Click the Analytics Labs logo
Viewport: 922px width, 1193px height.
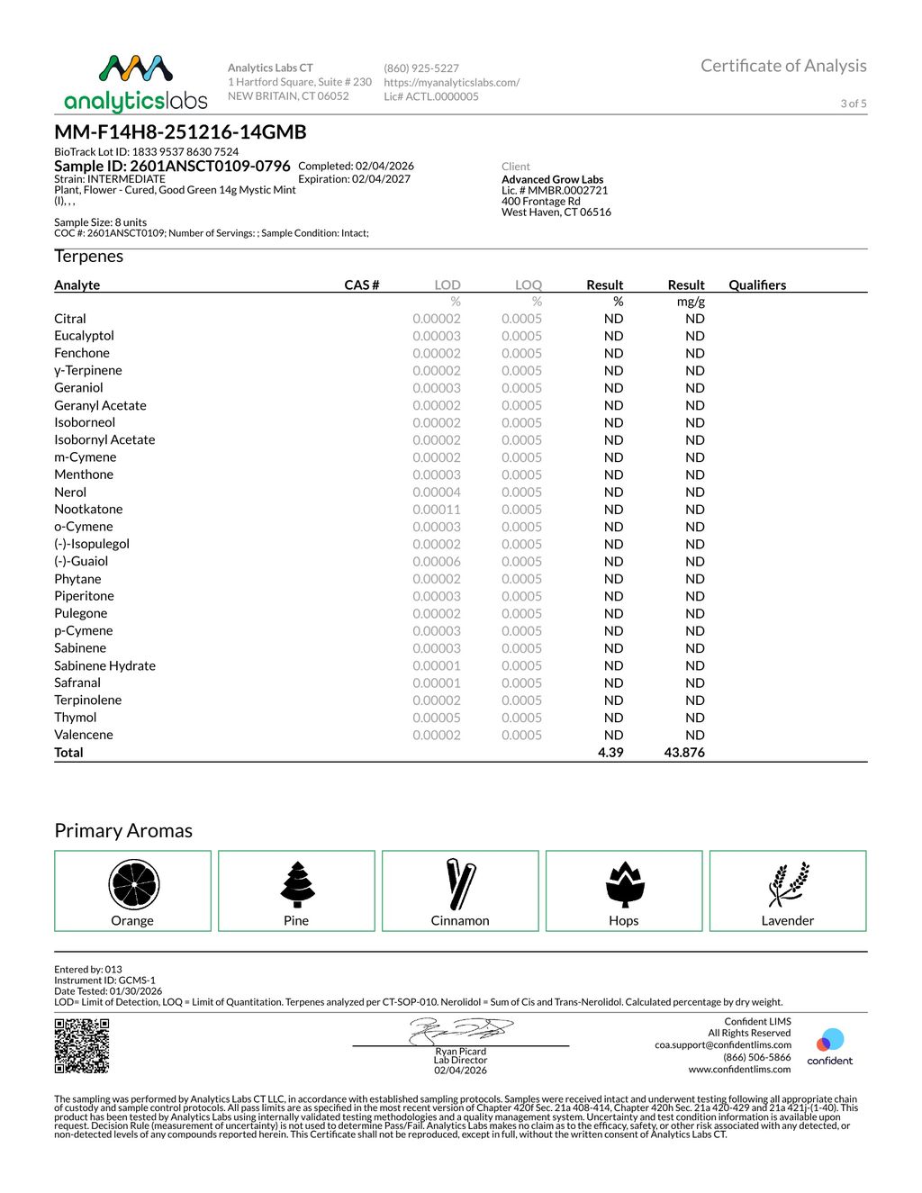pos(136,83)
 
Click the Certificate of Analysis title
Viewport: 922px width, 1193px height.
pos(783,66)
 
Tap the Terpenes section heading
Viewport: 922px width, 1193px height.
pos(88,257)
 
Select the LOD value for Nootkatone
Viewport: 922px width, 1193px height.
pos(437,510)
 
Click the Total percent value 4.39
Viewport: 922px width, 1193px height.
pos(610,753)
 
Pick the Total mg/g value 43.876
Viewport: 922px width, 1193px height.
pos(684,753)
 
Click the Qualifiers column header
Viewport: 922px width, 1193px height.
pos(757,285)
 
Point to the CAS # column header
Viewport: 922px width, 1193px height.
pos(362,285)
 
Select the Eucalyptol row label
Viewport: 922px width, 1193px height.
pos(84,336)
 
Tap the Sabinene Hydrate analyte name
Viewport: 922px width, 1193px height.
pos(104,666)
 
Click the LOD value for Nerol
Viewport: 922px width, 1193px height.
pos(437,493)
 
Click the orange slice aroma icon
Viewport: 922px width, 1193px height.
pos(133,884)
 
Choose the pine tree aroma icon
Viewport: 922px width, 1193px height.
pos(296,884)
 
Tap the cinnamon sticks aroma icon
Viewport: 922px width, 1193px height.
pos(460,884)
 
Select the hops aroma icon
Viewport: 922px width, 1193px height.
pos(624,884)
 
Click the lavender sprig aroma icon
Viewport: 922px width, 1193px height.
pos(788,884)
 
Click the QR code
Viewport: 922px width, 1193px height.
pos(82,1045)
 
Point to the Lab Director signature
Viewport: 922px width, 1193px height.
pos(461,1031)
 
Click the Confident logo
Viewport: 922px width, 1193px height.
pos(829,1046)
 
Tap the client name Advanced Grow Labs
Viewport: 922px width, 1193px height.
pos(552,179)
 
